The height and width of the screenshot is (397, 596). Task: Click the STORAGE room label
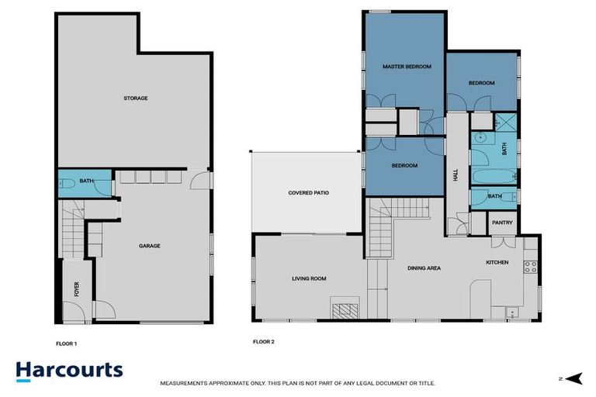click(135, 98)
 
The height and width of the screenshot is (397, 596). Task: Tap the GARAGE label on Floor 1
click(149, 246)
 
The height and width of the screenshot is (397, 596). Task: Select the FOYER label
click(76, 290)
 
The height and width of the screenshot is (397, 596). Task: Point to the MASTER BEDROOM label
click(407, 67)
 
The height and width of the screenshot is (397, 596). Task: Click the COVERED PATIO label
click(309, 192)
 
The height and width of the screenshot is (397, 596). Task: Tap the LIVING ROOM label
click(309, 278)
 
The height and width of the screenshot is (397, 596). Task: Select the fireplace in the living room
click(341, 310)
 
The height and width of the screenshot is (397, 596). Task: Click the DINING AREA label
click(424, 268)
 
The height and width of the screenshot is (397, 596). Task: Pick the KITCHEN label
click(497, 262)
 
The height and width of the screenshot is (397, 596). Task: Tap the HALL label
click(456, 176)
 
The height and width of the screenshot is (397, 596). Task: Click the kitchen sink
click(511, 312)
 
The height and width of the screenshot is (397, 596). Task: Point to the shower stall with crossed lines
click(507, 122)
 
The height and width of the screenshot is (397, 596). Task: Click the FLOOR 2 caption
click(264, 342)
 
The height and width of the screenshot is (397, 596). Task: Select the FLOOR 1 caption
click(67, 342)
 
